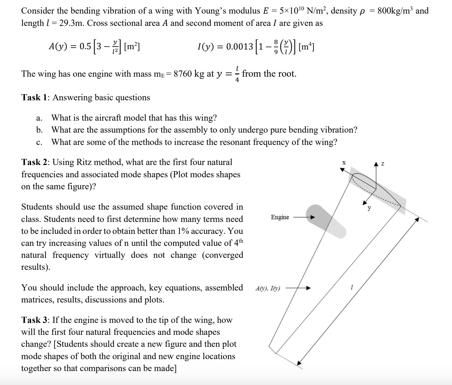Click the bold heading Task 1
[34, 97]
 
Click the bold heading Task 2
[34, 162]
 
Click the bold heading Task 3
[34, 320]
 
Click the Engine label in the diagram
[280, 217]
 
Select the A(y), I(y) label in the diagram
[268, 288]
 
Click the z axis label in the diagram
[383, 164]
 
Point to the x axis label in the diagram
[344, 163]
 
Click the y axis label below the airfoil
[369, 208]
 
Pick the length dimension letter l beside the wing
[351, 287]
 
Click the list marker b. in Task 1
[39, 130]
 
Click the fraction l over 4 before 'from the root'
[237, 74]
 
